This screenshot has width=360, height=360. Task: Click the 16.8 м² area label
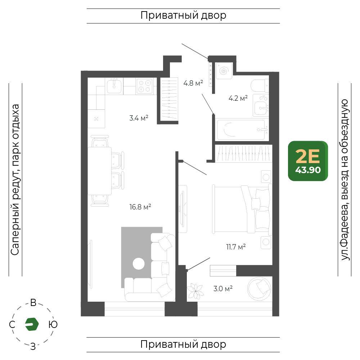[x=140, y=207]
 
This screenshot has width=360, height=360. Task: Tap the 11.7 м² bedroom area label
[x=236, y=247]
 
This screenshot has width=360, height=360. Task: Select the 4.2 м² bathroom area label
[x=238, y=98]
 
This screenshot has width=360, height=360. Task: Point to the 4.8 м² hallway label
[x=193, y=83]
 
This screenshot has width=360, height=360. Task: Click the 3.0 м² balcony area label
[x=223, y=288]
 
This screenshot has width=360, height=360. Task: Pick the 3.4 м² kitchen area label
[x=139, y=118]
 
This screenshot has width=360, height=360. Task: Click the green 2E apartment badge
[x=308, y=161]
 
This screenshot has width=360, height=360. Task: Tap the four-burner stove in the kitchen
[x=144, y=86]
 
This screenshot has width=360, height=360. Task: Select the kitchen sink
[x=114, y=86]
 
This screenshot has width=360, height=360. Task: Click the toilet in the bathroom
[x=260, y=85]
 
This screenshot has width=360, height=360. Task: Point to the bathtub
[x=242, y=129]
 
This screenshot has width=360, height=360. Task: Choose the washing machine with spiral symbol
[x=224, y=71]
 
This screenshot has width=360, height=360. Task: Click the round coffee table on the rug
[x=139, y=264]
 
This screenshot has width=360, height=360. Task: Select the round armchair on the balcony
[x=259, y=289]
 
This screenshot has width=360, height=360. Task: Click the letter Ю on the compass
[x=53, y=324]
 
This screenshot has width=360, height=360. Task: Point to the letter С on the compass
[x=12, y=325]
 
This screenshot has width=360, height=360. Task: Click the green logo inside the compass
[x=32, y=324]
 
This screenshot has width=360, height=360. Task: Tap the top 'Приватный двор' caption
[x=183, y=15]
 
